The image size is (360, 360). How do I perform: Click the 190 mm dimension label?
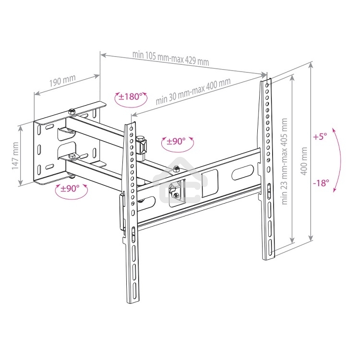click(x=62, y=80)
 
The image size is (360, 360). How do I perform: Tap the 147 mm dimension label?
click(x=15, y=156)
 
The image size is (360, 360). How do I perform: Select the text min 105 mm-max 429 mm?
click(x=170, y=58)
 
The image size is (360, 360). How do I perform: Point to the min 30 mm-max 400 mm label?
click(x=193, y=91)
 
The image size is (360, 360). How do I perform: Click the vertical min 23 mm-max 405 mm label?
click(x=284, y=161)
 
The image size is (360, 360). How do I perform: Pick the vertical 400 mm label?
click(x=304, y=161)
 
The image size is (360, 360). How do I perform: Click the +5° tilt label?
click(x=320, y=137)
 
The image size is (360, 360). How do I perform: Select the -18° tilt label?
click(x=321, y=183)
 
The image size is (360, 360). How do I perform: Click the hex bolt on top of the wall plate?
click(x=72, y=111)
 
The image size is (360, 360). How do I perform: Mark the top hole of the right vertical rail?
click(x=267, y=85)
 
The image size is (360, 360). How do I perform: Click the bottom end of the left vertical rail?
click(x=133, y=301)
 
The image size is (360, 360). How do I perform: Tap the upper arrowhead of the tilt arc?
click(x=333, y=130)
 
